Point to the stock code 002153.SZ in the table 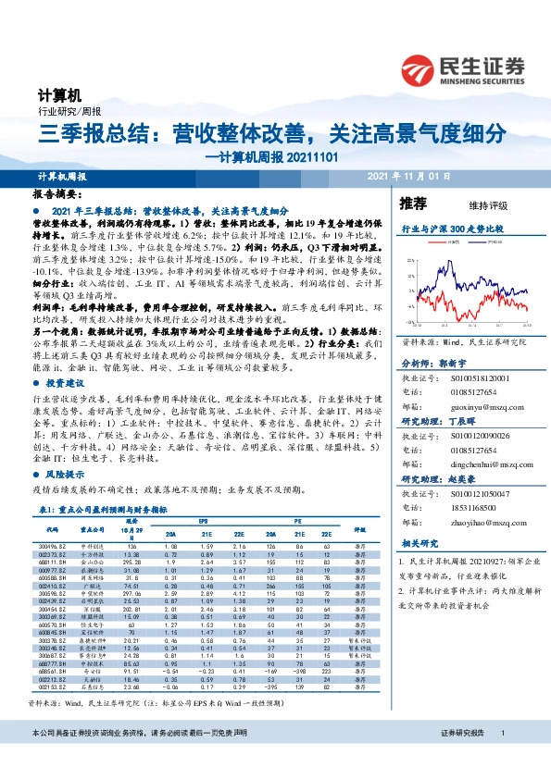click(x=51, y=687)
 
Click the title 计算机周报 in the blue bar click(x=62, y=176)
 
